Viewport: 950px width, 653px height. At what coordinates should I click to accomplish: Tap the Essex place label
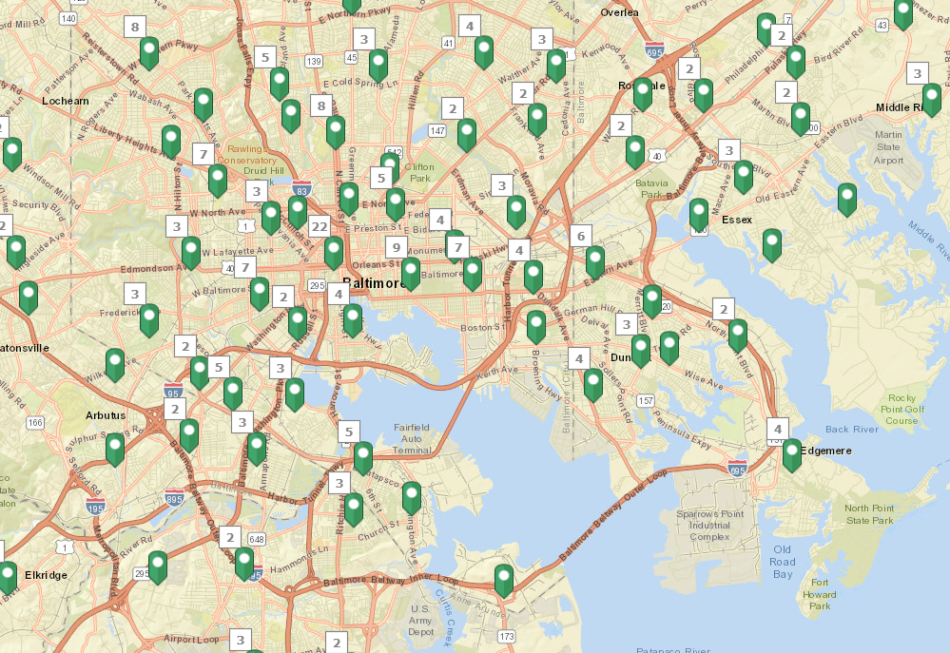[737, 220]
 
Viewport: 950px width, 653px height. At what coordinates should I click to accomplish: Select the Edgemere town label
[828, 451]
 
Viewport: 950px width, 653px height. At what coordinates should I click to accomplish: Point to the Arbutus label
[105, 415]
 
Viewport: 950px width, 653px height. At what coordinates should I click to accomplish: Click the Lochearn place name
[66, 100]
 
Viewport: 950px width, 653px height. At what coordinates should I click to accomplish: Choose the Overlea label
[620, 12]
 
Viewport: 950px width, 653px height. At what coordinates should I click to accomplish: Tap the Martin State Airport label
[888, 147]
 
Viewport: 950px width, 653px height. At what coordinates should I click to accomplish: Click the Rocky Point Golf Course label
[902, 409]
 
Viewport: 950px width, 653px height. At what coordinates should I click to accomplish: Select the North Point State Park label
[870, 514]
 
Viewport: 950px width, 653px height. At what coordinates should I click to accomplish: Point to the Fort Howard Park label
[819, 594]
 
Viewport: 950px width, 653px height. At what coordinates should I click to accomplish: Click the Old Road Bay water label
[783, 562]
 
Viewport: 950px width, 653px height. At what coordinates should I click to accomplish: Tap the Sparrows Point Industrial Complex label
[709, 525]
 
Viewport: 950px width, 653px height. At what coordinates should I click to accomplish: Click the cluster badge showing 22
[320, 225]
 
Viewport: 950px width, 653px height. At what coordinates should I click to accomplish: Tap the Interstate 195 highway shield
[95, 506]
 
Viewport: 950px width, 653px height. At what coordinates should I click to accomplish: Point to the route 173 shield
[506, 636]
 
